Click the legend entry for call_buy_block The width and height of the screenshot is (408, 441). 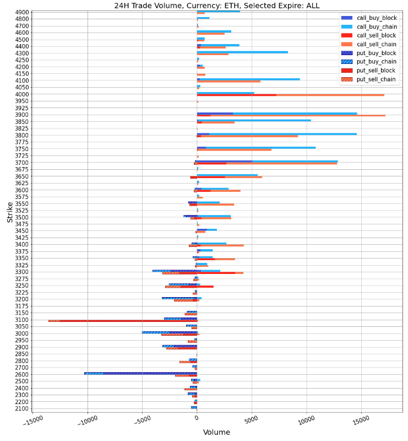click(x=377, y=18)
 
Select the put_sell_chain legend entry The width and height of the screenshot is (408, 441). click(x=376, y=79)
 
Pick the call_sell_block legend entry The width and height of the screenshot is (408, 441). click(x=377, y=35)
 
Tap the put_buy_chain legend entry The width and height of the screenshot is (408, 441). click(x=376, y=62)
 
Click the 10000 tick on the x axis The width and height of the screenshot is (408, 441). click(x=306, y=421)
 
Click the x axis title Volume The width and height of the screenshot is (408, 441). click(x=216, y=433)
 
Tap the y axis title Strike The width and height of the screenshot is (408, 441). click(x=10, y=212)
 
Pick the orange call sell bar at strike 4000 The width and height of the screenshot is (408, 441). click(x=330, y=95)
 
